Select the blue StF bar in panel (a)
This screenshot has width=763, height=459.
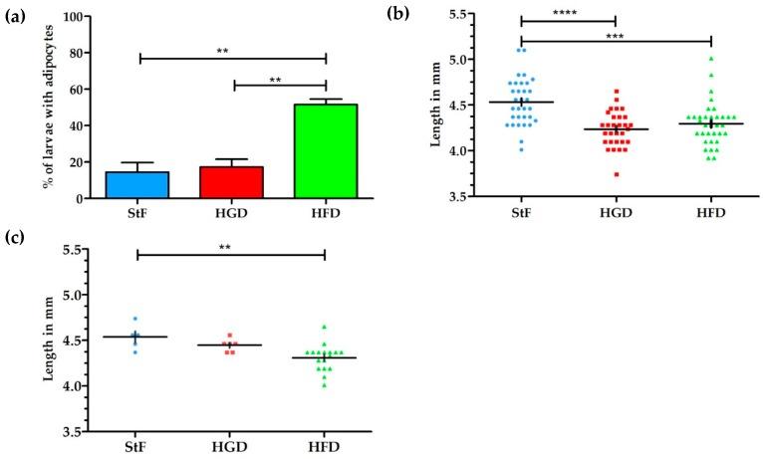138,185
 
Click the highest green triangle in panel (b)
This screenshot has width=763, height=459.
711,59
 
